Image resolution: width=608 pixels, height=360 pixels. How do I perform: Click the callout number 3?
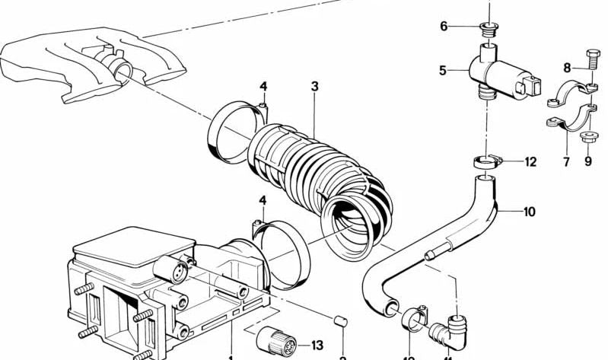click(314, 85)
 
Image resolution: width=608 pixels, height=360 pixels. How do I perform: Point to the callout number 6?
click(444, 27)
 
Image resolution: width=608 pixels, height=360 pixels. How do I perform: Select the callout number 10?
click(530, 211)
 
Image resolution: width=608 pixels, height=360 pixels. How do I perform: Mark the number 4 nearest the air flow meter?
click(263, 201)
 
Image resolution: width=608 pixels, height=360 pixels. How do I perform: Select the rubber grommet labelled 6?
click(488, 30)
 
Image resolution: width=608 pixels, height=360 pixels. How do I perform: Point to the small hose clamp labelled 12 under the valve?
click(485, 161)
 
